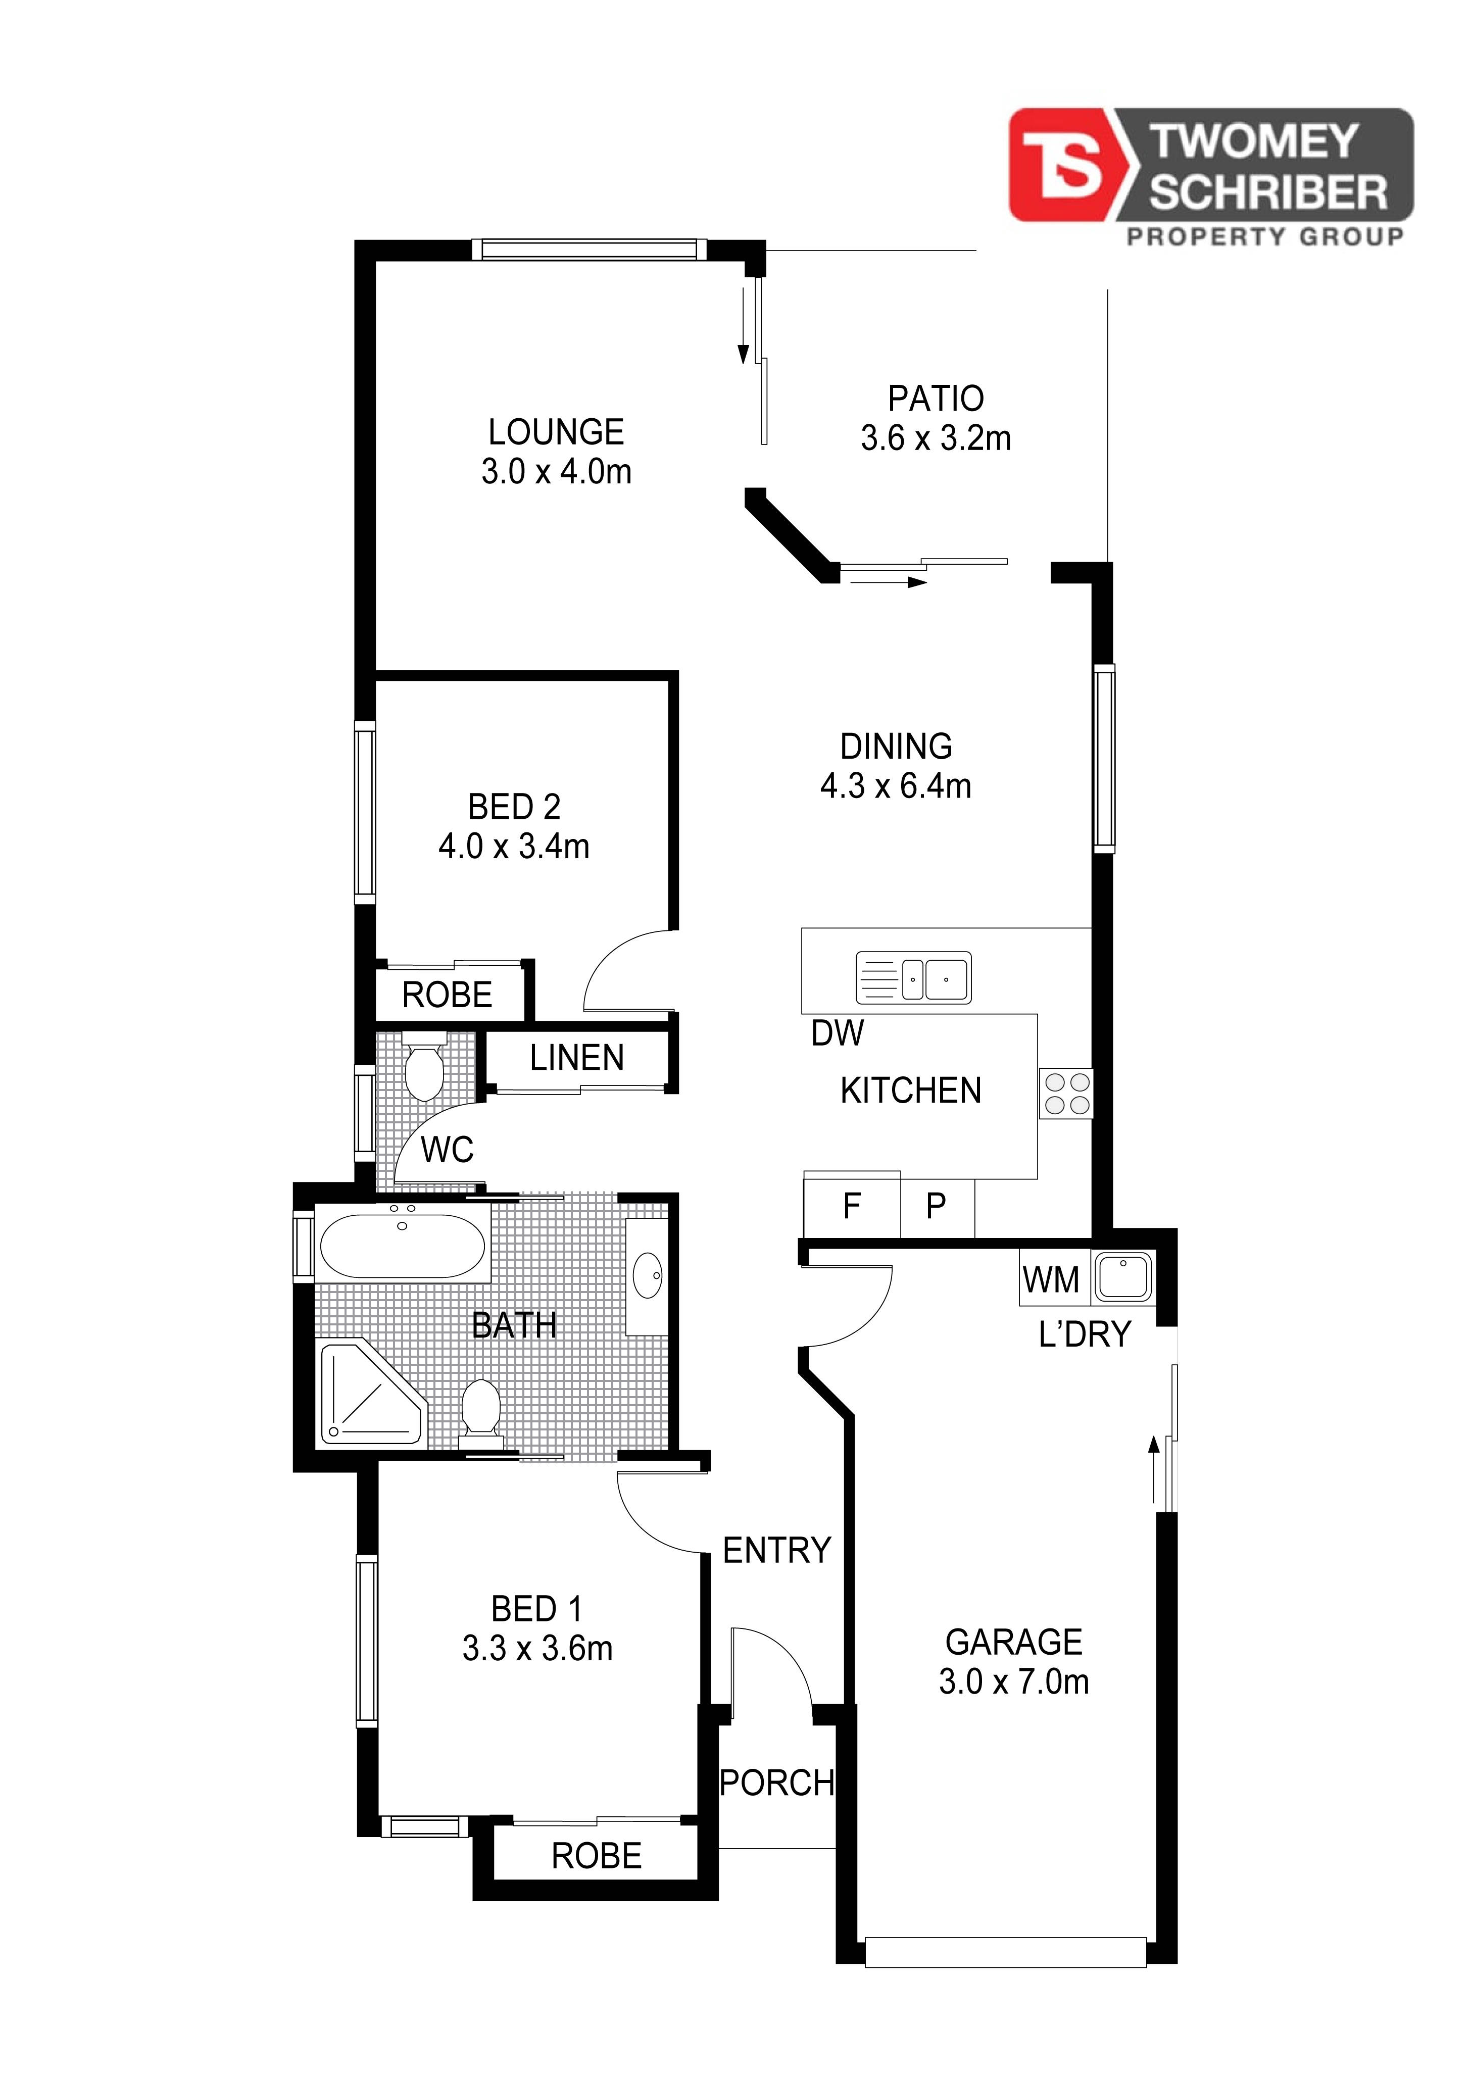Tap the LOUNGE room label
click(x=556, y=432)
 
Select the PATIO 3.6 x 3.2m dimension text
click(x=936, y=438)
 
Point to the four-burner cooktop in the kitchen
click(x=1066, y=1094)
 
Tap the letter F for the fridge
click(x=852, y=1206)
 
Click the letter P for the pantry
click(x=936, y=1206)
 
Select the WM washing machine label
click(x=1051, y=1280)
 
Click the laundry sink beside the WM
click(x=1123, y=1277)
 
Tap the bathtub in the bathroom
click(x=403, y=1246)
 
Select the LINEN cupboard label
click(x=577, y=1058)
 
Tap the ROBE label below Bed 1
click(x=597, y=1856)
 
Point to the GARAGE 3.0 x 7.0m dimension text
click(x=1013, y=1682)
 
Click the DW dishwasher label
click(x=838, y=1033)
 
